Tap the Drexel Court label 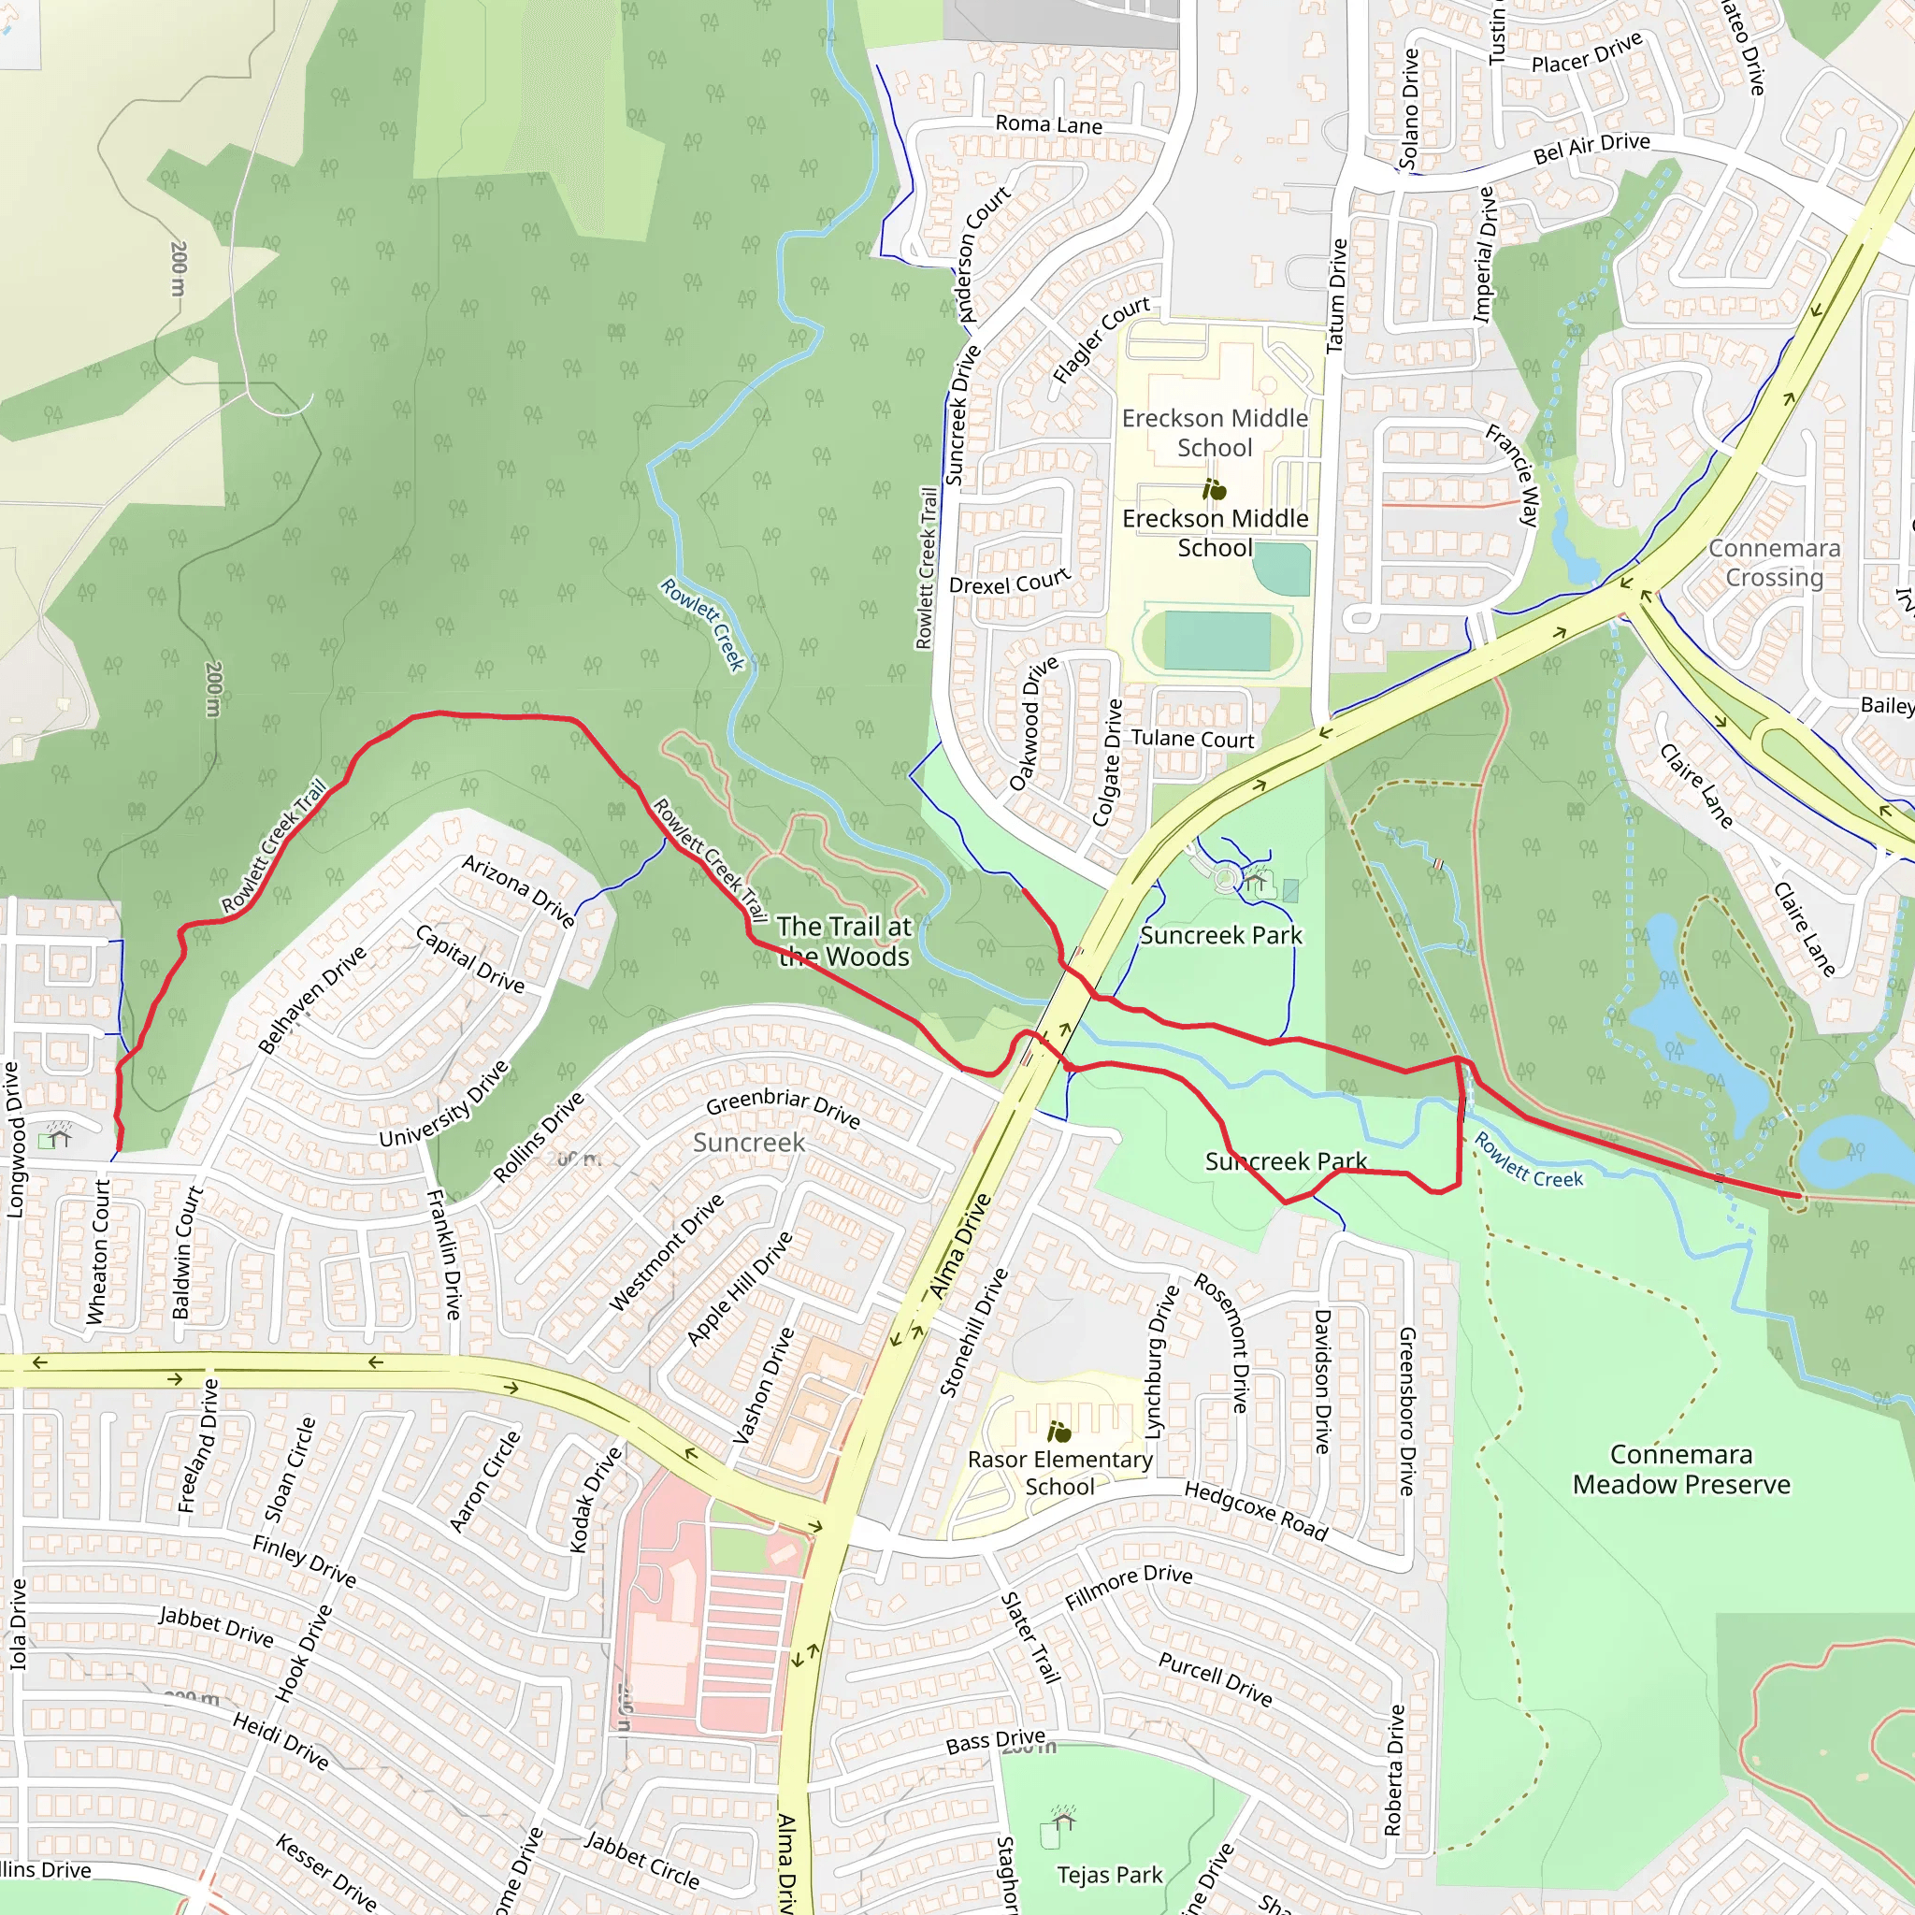coord(1009,581)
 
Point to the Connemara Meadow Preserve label coord(1681,1469)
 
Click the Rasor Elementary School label coord(1059,1473)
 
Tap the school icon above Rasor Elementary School coord(1058,1432)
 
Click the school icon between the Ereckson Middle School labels coord(1215,489)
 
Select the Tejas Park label coord(1109,1875)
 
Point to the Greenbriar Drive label coord(782,1107)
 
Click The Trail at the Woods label coord(843,941)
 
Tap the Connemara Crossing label coord(1773,562)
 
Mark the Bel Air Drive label coord(1591,148)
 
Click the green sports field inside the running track coord(1217,641)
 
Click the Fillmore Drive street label coord(1128,1586)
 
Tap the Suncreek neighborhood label coord(748,1142)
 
